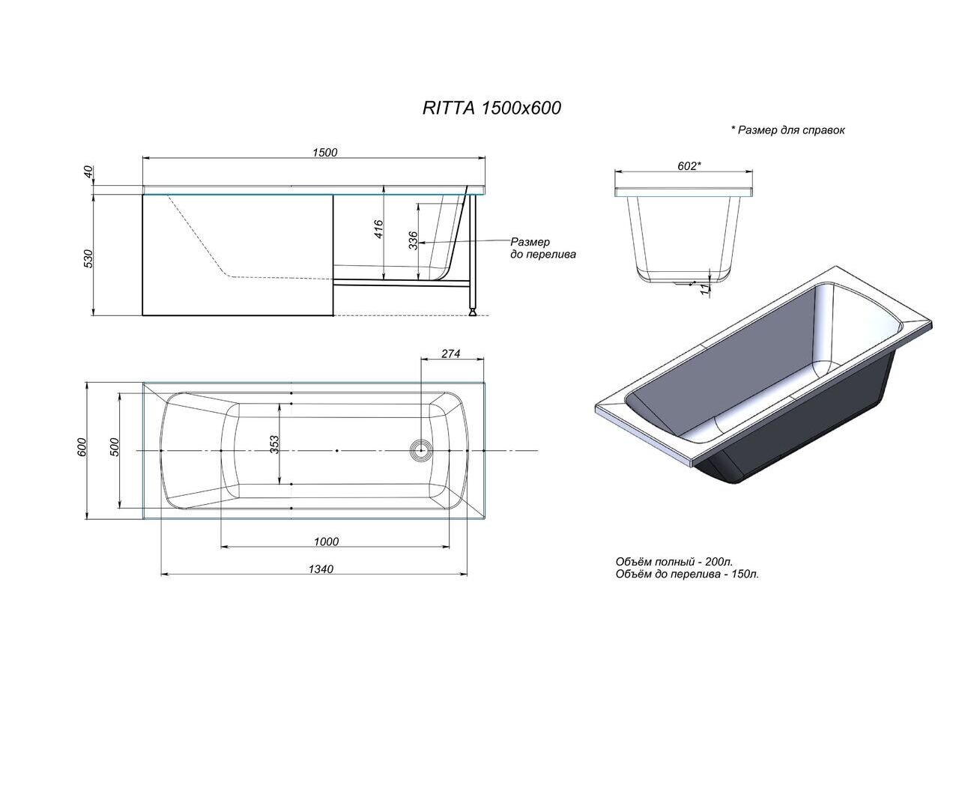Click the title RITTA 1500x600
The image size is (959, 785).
491,108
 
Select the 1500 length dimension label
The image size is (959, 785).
324,152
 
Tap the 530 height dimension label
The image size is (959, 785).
88,258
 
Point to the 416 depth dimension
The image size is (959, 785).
378,228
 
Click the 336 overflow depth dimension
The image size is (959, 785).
413,240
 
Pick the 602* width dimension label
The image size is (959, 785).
689,166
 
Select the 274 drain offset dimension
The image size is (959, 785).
450,354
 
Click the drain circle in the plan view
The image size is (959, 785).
421,450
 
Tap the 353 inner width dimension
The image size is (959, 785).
274,444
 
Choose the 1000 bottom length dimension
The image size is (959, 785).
326,542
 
